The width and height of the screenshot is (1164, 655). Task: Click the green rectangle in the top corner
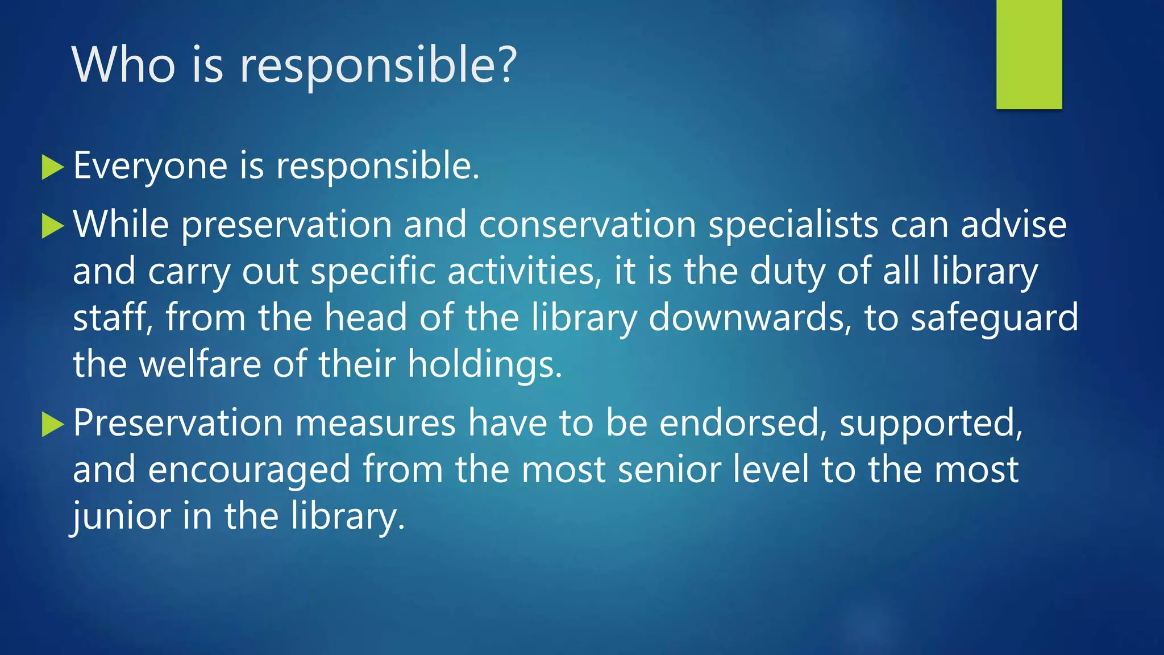1029,55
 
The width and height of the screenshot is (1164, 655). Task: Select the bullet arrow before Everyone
53,168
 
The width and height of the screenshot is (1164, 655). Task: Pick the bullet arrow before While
53,226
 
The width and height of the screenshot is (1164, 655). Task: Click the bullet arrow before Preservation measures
53,425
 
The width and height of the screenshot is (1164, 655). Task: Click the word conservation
588,225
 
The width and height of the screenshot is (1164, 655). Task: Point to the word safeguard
994,318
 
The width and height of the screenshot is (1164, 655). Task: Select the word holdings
485,365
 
